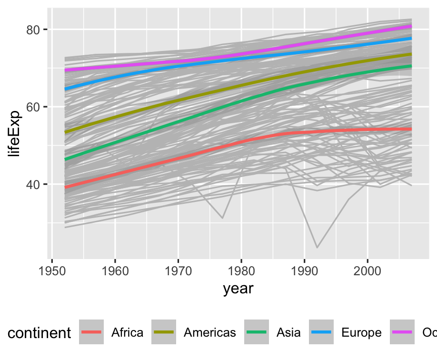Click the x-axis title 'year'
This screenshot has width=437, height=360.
coord(238,289)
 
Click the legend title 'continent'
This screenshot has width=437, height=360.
coord(40,333)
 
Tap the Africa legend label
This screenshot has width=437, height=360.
coord(127,332)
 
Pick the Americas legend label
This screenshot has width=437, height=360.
coord(209,332)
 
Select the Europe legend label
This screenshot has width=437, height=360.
coord(361,332)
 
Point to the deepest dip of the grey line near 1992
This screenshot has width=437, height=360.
coord(317,248)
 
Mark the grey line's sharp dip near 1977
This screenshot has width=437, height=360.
coord(222,218)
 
